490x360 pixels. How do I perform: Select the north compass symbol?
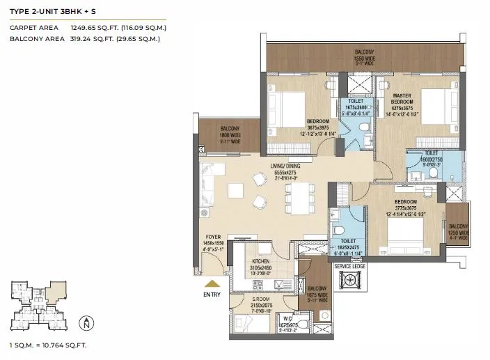85,323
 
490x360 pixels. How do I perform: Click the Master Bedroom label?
402,99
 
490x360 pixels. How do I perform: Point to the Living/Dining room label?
291,166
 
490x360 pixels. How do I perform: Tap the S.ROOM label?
262,299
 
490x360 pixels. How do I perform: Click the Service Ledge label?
350,266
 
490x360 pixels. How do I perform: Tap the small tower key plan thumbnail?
33,304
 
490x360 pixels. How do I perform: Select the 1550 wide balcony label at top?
364,56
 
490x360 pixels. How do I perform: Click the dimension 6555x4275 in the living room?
291,172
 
